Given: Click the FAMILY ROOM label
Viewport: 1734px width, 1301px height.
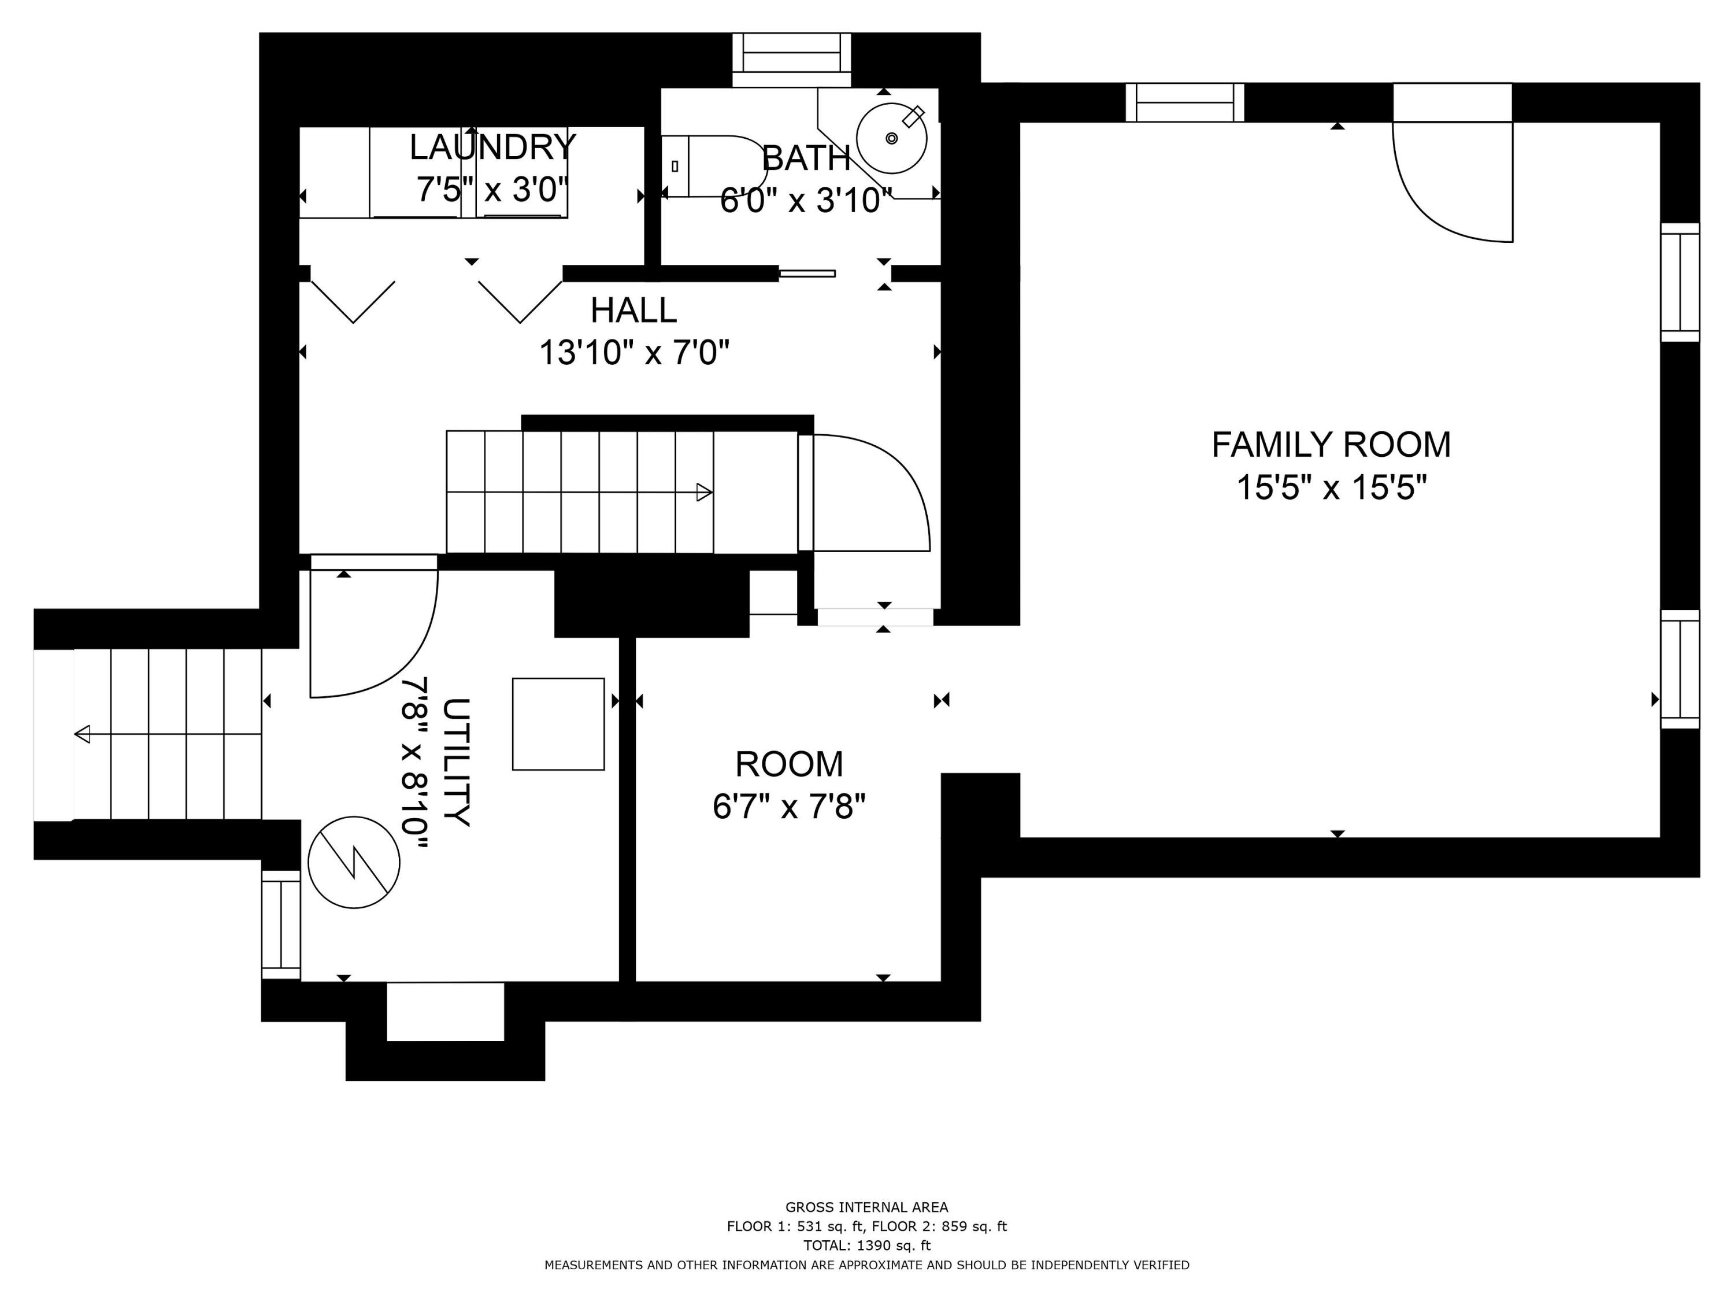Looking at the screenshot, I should [x=1331, y=445].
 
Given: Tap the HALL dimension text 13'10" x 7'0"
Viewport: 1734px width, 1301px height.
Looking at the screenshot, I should [x=633, y=353].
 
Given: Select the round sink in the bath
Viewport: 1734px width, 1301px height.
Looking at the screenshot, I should [x=891, y=139].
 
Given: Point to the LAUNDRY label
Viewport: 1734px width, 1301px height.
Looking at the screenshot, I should [x=492, y=147].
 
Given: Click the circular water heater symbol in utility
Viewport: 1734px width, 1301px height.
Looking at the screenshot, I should [x=354, y=863].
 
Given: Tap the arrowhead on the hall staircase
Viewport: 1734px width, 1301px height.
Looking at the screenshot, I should [x=705, y=493].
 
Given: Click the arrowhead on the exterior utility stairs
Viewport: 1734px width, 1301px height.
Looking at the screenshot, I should [x=82, y=734].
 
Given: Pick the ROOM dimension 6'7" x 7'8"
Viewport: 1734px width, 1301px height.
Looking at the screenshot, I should [x=788, y=806].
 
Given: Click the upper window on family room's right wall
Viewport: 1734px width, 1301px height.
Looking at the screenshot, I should [x=1680, y=282].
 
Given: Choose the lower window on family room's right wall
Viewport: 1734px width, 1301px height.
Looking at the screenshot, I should [x=1680, y=669].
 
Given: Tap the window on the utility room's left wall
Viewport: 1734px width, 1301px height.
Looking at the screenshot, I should [x=281, y=925].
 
